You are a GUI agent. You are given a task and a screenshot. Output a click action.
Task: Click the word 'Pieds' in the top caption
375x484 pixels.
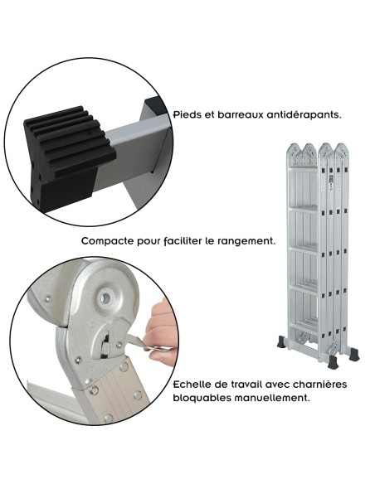pyautogui.click(x=187, y=115)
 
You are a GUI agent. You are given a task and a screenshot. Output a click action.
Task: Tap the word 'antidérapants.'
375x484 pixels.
pyautogui.click(x=300, y=115)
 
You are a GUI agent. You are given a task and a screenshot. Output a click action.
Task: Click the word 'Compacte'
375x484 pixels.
pyautogui.click(x=110, y=241)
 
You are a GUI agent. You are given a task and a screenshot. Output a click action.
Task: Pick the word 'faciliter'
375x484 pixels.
pyautogui.click(x=184, y=241)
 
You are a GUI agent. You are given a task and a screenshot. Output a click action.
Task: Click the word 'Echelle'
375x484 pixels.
pyautogui.click(x=197, y=384)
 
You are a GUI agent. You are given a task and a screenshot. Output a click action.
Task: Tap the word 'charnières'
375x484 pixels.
pyautogui.click(x=317, y=384)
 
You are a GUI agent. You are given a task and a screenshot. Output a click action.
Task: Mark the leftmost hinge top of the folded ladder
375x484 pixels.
pyautogui.click(x=290, y=152)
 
